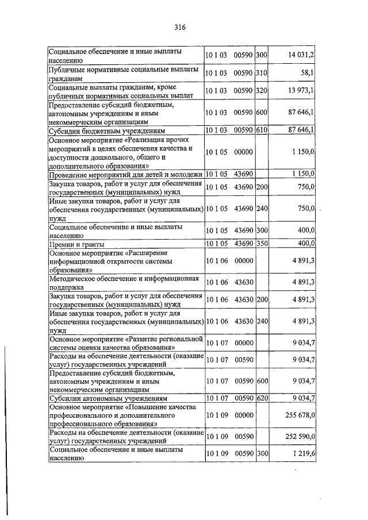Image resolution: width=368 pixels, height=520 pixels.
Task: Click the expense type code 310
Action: pyautogui.click(x=262, y=74)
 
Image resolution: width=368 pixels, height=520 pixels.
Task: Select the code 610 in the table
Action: pyautogui.click(x=262, y=130)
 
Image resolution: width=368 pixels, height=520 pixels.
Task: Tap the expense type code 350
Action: pyautogui.click(x=262, y=244)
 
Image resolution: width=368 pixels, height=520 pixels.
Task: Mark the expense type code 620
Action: pyautogui.click(x=262, y=398)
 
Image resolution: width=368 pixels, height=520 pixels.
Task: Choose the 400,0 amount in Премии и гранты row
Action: pyautogui.click(x=305, y=244)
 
